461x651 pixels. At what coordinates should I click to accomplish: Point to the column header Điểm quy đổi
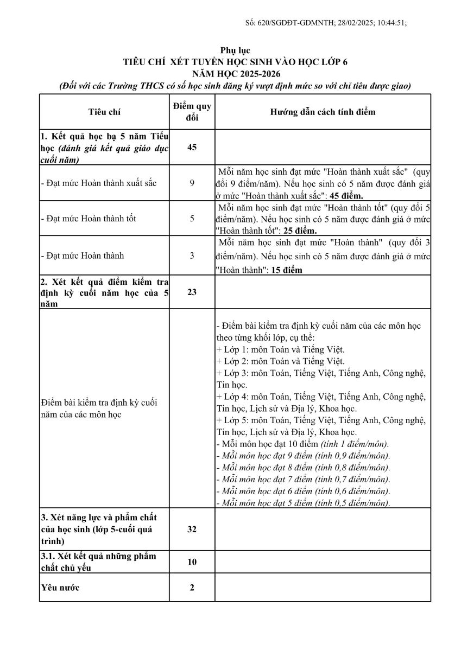(192, 112)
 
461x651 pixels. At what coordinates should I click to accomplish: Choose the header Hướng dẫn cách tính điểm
(323, 112)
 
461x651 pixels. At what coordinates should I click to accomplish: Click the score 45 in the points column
(192, 148)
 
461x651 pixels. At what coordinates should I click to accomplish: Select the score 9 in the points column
(192, 183)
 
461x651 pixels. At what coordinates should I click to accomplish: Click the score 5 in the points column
(192, 219)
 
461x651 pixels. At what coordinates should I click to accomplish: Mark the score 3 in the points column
(192, 256)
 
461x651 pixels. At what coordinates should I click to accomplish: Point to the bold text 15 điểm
(282, 270)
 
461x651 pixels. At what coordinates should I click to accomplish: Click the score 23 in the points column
(192, 292)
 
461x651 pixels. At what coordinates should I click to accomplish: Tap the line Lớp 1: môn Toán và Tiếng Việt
(280, 349)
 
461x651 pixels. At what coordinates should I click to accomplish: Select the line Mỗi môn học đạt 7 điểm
(303, 479)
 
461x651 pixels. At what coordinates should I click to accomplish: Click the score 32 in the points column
(192, 529)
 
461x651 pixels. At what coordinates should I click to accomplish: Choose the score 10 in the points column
(192, 561)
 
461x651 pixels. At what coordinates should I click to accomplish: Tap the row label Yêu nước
(60, 588)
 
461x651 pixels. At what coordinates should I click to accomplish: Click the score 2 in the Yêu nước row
(192, 588)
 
